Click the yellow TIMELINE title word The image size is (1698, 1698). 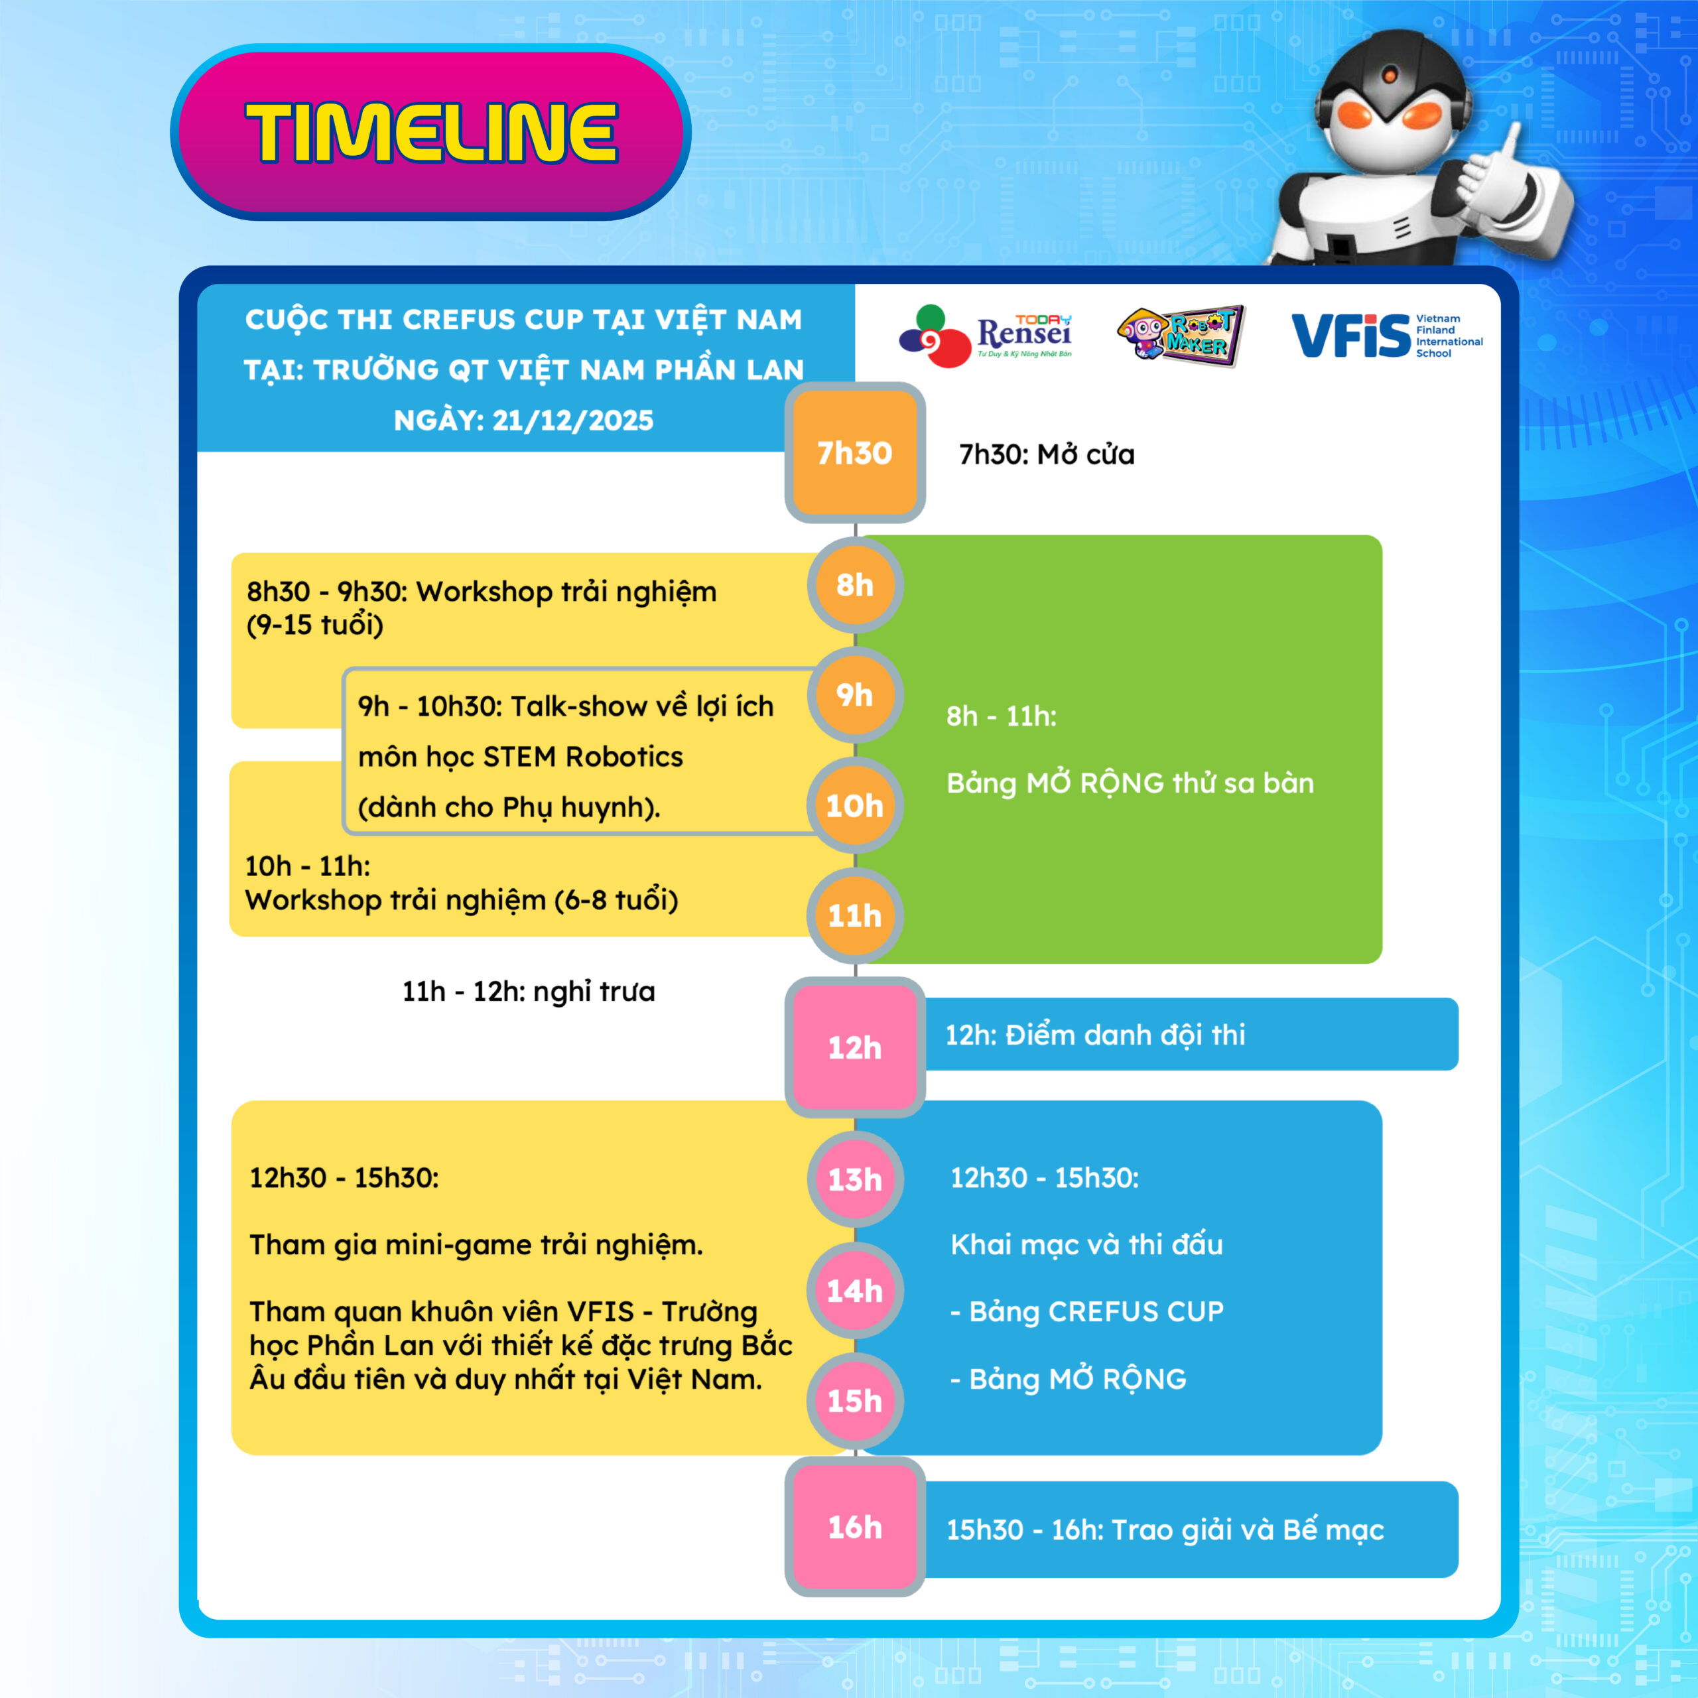[432, 133]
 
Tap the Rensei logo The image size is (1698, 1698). [985, 336]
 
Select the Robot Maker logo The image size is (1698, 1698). [1181, 335]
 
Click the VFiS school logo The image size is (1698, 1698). [1386, 336]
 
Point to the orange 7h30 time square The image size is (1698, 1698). [854, 452]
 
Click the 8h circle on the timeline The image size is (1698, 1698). [854, 584]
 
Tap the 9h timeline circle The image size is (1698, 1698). [854, 695]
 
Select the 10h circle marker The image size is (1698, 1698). [854, 805]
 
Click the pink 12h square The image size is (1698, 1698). [854, 1047]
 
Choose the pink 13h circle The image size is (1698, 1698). [854, 1179]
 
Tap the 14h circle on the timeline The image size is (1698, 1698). [854, 1290]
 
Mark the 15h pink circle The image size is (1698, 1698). [854, 1401]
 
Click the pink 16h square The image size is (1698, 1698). [854, 1528]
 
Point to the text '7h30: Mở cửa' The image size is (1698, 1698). [1047, 454]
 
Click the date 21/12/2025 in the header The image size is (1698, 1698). [573, 420]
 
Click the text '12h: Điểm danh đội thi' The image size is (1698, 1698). [1095, 1035]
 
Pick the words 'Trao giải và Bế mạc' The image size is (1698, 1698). [1248, 1530]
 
